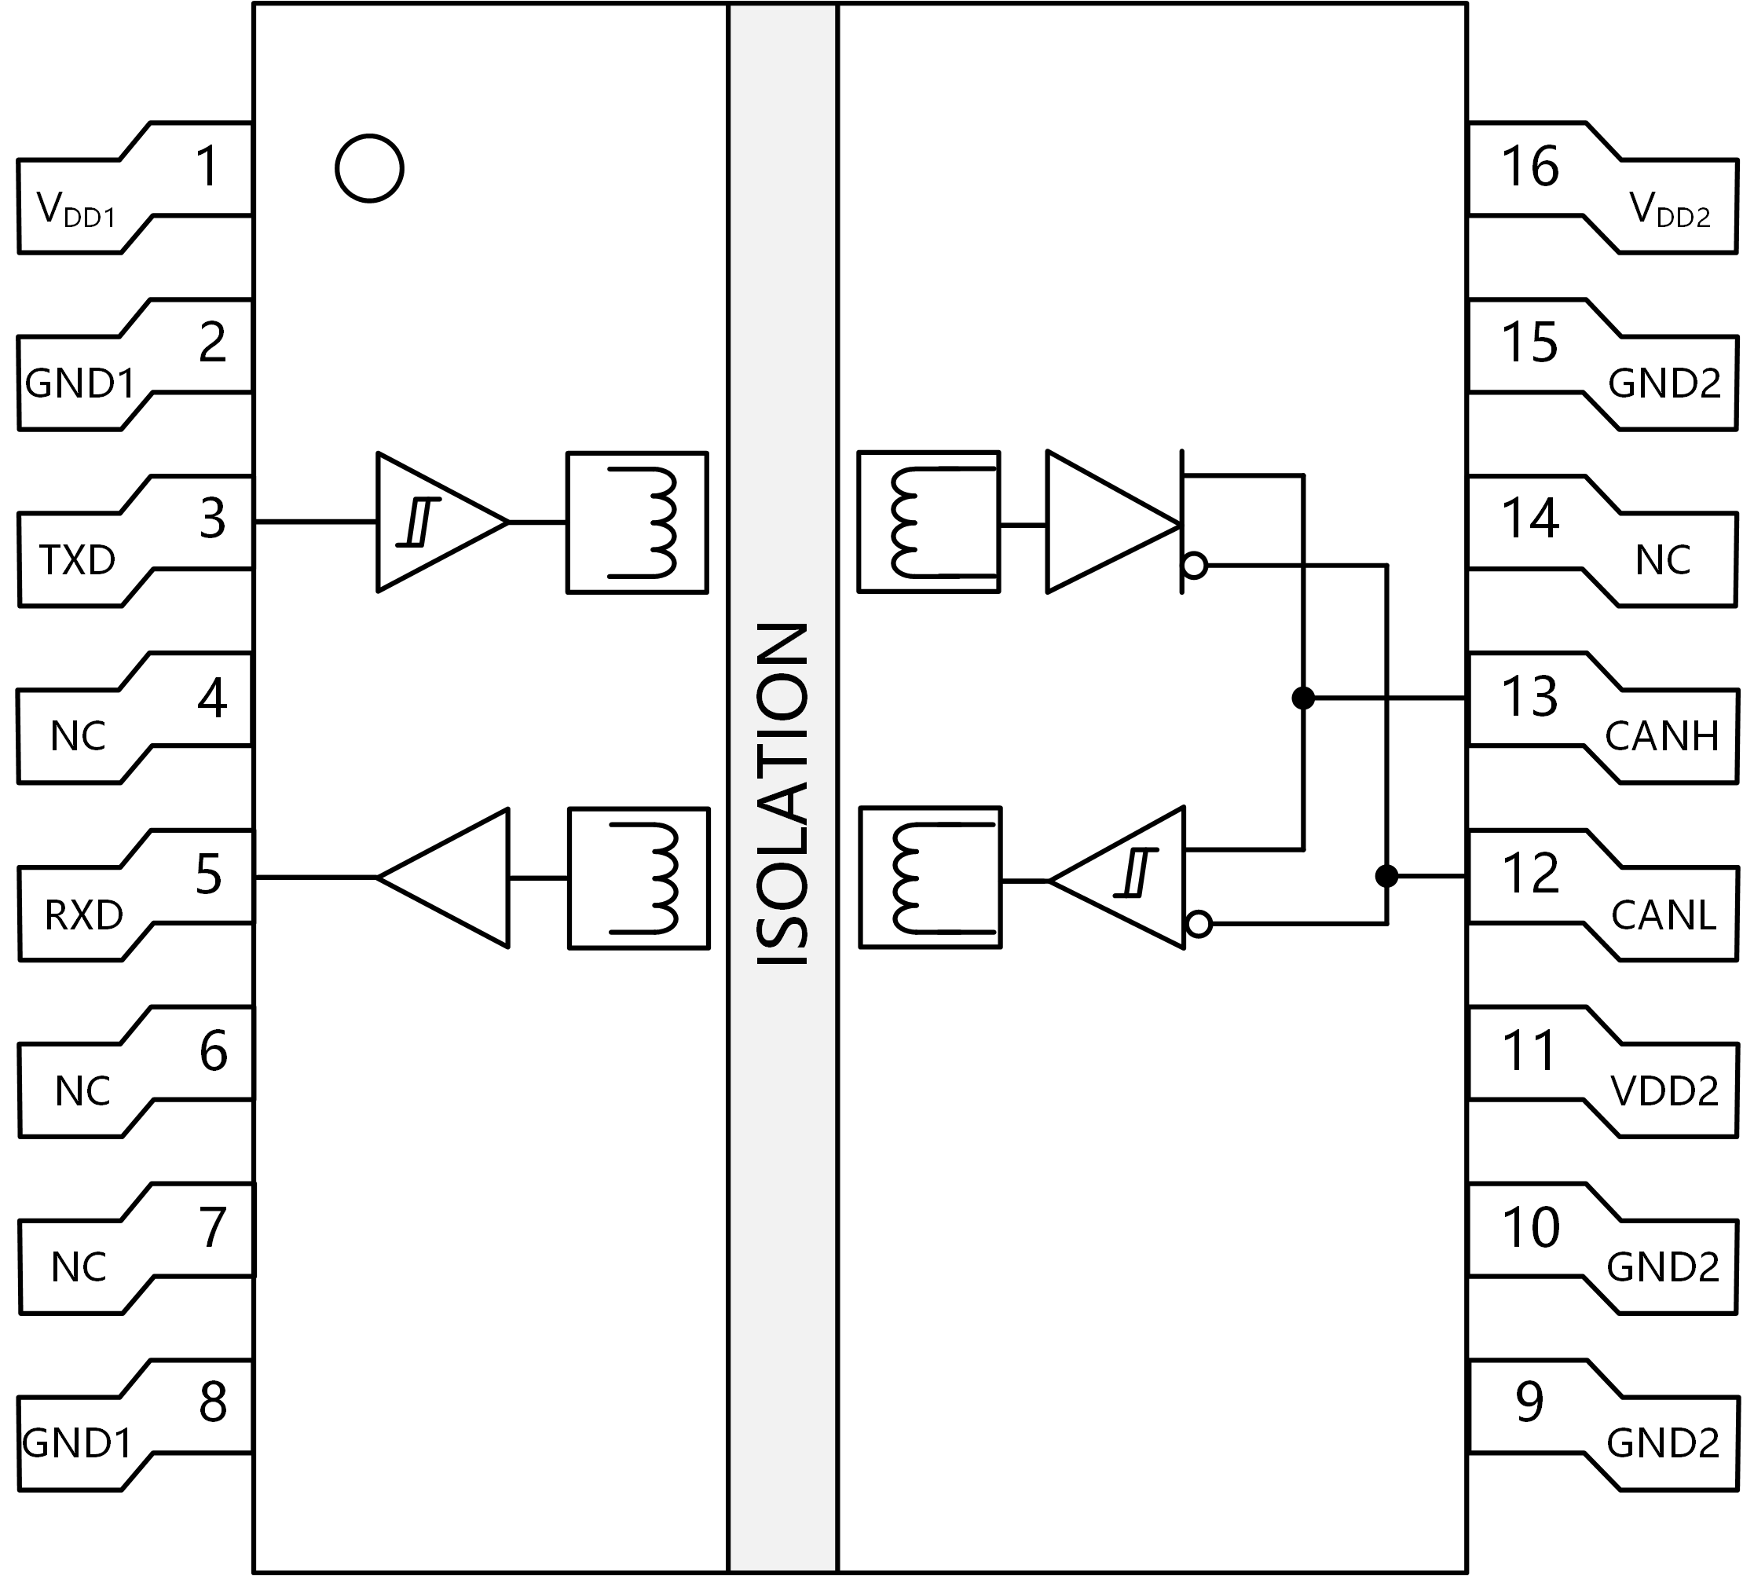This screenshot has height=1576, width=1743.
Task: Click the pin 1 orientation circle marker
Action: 369,137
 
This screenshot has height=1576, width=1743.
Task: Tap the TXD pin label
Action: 77,560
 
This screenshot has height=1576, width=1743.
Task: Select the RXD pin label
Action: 83,915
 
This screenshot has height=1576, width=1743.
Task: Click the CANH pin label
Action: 1662,736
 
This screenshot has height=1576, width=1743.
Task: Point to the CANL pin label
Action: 1664,915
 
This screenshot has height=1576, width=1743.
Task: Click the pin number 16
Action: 1529,166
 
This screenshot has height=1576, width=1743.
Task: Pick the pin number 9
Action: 1529,1402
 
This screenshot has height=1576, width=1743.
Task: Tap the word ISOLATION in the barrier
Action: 782,793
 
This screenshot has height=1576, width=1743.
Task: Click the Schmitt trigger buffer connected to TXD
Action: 441,522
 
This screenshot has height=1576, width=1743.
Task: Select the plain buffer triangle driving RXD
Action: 444,878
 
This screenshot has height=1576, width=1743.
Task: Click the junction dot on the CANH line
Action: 1303,698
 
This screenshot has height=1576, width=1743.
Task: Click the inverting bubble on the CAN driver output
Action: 1195,566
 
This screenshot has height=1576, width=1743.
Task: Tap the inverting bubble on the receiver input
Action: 1199,925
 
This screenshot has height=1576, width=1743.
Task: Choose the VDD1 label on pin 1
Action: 76,211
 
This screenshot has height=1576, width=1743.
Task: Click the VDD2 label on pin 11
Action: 1664,1091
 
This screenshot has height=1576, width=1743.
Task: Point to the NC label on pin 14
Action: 1663,560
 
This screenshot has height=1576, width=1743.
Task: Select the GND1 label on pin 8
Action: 77,1442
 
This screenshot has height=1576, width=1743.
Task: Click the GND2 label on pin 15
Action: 1664,383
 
